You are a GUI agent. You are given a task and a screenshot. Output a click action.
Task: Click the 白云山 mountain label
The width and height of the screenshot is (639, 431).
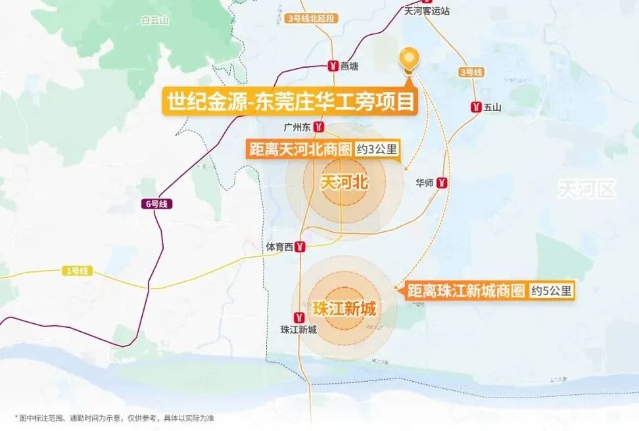[x=155, y=20]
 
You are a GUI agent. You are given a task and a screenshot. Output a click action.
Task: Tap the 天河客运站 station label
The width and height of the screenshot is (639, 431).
[x=427, y=11]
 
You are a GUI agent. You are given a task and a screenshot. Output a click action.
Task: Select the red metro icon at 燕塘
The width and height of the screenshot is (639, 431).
[x=333, y=66]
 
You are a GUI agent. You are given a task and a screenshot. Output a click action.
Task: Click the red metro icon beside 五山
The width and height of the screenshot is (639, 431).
[x=475, y=106]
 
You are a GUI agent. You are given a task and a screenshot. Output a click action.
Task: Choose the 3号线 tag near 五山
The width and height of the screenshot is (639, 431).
[x=471, y=72]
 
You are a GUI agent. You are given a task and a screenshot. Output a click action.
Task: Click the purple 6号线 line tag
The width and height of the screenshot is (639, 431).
[x=155, y=204]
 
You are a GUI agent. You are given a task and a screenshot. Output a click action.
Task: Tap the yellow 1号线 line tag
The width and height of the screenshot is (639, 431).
[x=77, y=271]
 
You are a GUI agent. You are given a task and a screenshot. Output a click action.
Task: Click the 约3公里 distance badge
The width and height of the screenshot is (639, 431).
[x=377, y=149]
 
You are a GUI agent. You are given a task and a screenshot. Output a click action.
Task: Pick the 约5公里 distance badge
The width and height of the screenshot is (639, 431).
[x=552, y=290]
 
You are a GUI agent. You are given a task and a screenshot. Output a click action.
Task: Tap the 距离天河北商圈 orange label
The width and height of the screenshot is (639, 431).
[x=300, y=149]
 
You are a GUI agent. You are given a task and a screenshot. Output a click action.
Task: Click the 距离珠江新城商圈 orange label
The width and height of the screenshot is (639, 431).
[x=465, y=290]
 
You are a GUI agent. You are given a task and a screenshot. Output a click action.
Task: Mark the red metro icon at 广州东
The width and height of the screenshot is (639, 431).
[x=318, y=126]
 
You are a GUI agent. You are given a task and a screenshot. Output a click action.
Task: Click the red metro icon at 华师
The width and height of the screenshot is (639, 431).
[x=443, y=183]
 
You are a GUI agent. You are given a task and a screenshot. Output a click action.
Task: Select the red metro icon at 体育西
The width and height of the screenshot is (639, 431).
[x=300, y=247]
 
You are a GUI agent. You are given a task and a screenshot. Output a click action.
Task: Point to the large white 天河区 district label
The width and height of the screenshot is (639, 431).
[x=587, y=190]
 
